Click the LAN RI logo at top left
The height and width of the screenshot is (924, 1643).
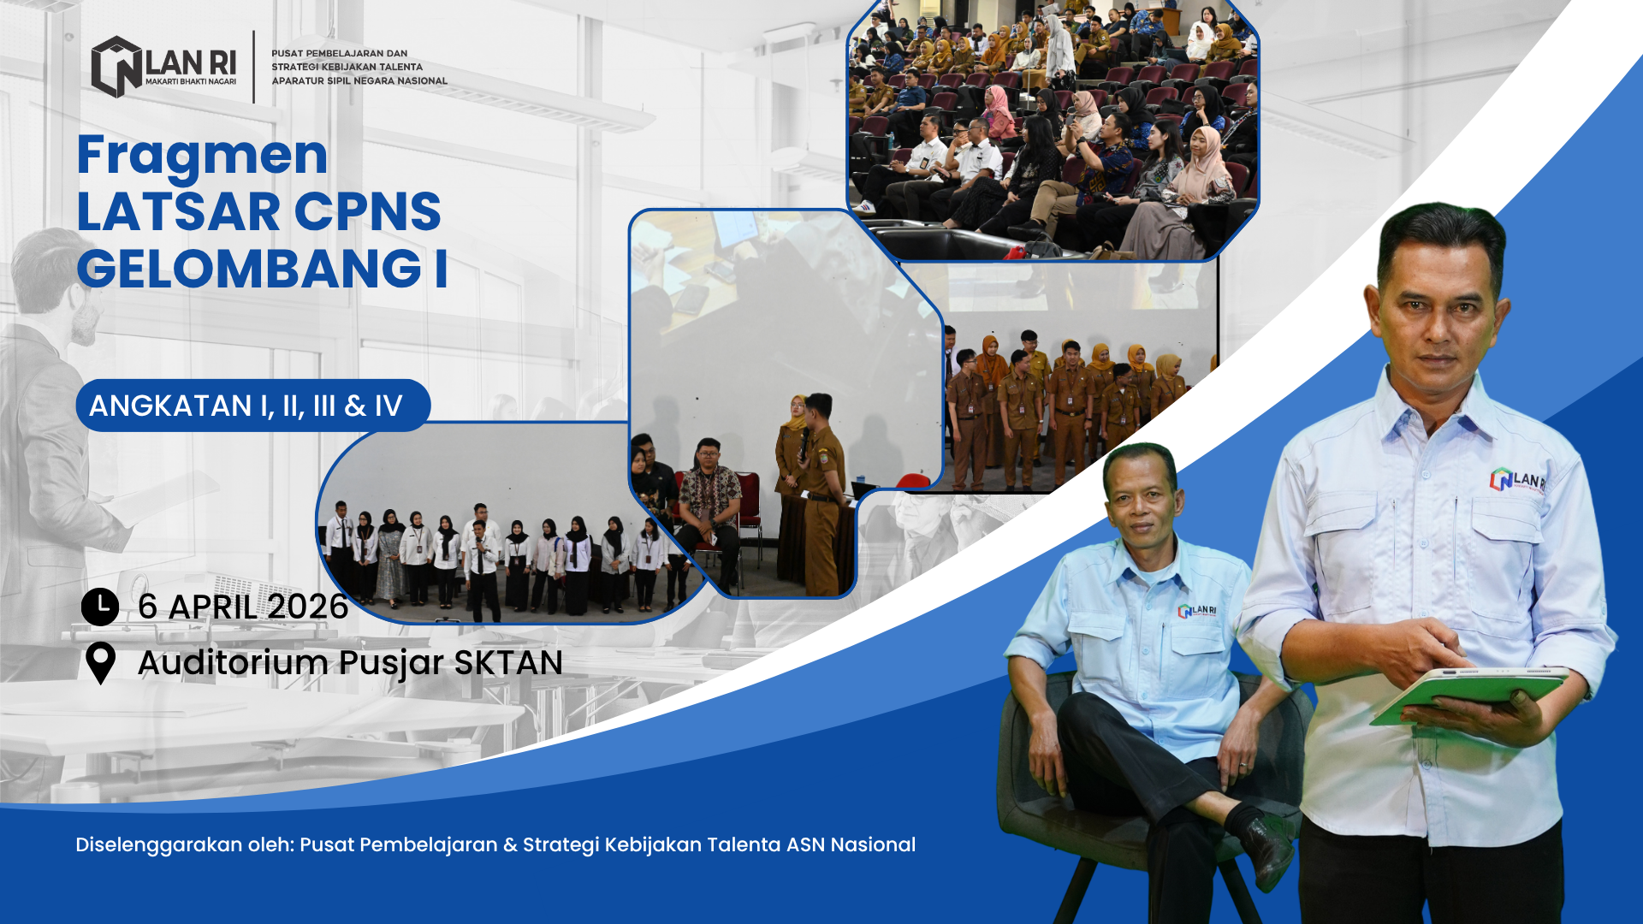point(163,67)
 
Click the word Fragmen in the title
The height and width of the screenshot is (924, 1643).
point(203,155)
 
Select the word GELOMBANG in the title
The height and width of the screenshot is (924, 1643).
point(249,269)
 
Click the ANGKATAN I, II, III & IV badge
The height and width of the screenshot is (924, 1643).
point(252,406)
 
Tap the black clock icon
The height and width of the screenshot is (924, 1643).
point(100,607)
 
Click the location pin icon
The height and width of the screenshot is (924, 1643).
point(101,663)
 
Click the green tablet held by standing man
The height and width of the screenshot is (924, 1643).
point(1468,693)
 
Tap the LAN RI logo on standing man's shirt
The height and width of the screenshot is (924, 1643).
point(1517,479)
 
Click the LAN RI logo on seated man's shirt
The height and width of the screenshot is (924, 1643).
point(1197,611)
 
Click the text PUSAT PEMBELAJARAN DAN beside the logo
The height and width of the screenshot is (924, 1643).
point(340,53)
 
